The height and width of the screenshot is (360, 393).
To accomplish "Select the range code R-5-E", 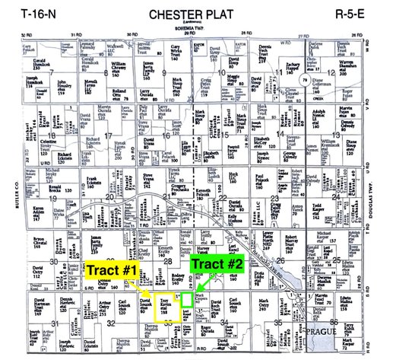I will coord(357,14).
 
